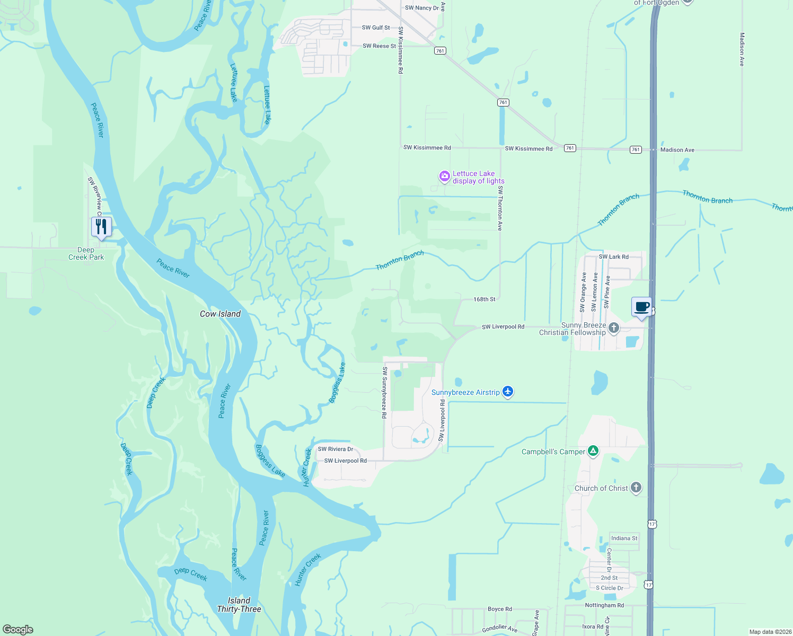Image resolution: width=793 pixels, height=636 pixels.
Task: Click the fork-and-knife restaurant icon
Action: tap(101, 227)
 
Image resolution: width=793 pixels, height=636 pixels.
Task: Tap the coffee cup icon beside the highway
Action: tap(641, 307)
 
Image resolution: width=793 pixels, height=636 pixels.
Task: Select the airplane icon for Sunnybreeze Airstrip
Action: tap(508, 392)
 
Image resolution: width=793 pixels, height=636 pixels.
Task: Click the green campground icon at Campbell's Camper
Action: tap(593, 451)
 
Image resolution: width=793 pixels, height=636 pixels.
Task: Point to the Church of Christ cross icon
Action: tap(636, 488)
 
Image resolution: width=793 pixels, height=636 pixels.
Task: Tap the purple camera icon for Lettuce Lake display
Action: tap(444, 176)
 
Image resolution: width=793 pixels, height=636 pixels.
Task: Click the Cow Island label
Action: tap(220, 314)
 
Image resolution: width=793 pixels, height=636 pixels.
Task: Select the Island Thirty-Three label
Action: tap(239, 605)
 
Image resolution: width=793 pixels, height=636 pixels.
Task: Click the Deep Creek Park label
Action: tap(86, 253)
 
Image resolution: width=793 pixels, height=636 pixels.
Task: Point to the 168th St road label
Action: tap(484, 299)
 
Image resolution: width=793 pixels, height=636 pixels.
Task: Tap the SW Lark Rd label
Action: tap(613, 257)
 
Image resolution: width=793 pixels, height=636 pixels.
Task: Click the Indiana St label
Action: tap(624, 538)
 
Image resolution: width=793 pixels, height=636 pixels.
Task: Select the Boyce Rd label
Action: tap(499, 609)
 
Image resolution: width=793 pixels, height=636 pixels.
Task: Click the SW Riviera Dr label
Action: tap(335, 449)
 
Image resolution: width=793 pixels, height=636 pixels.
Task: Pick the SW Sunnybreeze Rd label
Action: tap(385, 392)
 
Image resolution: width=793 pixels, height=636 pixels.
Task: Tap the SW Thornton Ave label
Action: tap(500, 208)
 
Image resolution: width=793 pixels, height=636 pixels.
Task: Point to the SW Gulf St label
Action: tap(376, 28)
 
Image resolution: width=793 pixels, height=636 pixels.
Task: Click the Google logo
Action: tap(18, 630)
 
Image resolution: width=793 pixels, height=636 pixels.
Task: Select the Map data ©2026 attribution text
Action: tap(770, 632)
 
